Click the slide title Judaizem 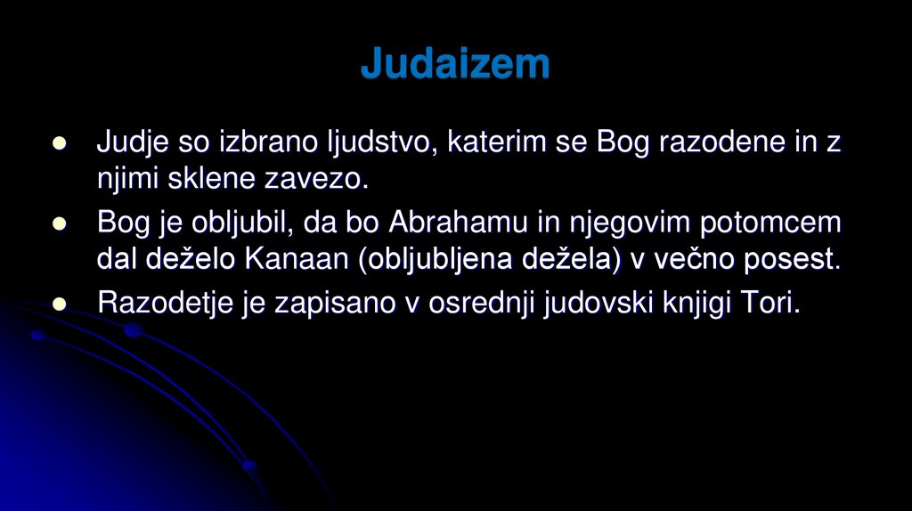click(x=455, y=64)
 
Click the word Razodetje click(x=167, y=303)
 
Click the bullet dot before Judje click(x=61, y=143)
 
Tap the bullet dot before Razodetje click(x=61, y=304)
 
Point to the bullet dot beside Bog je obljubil click(x=61, y=223)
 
